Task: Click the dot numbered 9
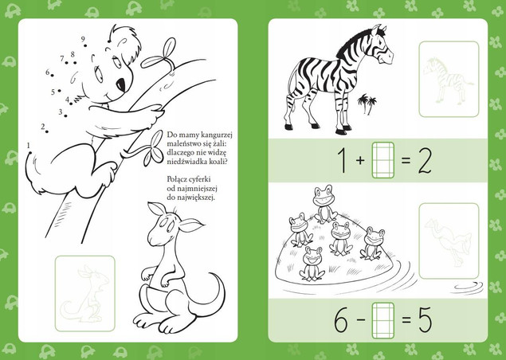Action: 85,46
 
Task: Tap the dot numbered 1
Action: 30,153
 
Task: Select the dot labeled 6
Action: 53,76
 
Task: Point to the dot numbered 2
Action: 47,131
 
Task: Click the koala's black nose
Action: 121,84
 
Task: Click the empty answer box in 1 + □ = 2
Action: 383,160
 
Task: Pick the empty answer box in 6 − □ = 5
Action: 383,320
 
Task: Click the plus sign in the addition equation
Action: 360,160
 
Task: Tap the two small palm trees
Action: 367,104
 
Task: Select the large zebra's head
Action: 382,45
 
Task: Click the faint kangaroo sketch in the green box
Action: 85,294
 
